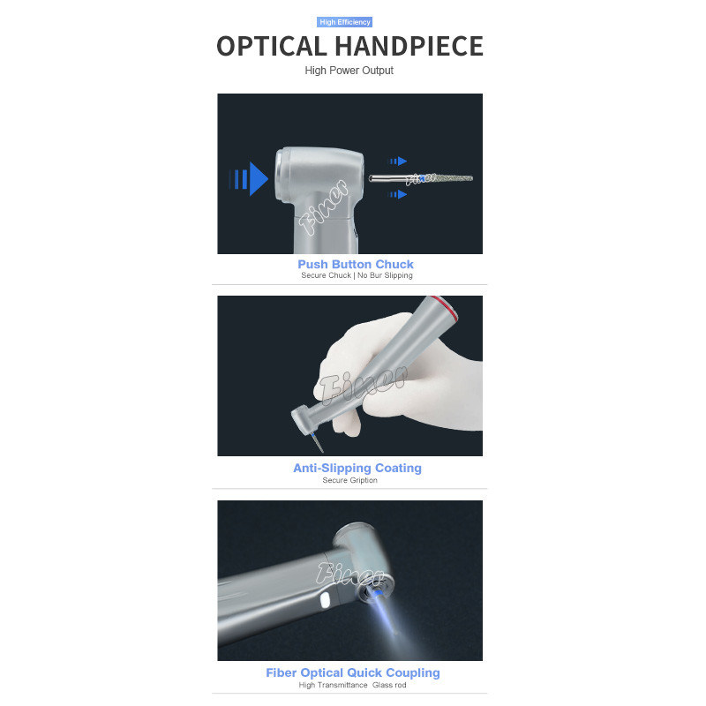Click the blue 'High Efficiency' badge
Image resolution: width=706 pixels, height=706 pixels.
tap(344, 22)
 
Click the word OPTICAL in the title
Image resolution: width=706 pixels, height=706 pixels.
tap(272, 47)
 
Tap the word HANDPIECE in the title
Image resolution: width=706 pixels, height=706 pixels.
tap(409, 47)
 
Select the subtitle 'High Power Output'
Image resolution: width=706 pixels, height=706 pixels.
tap(349, 71)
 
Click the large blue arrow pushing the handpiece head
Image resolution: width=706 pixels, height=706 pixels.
tap(249, 179)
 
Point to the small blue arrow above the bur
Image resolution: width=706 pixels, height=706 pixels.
tap(398, 161)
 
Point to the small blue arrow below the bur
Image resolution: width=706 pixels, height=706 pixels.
tap(398, 194)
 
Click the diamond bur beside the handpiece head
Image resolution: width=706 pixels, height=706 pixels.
tap(421, 178)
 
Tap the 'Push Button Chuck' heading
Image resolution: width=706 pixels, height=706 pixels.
tap(356, 264)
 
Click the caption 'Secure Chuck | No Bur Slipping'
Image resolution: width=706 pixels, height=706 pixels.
tap(357, 275)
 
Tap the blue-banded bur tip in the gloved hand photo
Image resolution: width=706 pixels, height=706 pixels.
tap(316, 442)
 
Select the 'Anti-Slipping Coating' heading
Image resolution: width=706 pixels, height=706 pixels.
tap(357, 469)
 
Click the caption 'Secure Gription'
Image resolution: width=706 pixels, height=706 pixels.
tap(349, 480)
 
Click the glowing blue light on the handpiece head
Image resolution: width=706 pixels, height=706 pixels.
tap(375, 593)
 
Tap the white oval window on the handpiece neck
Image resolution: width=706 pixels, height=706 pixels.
tap(325, 601)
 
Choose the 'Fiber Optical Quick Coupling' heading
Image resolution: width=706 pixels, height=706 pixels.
tap(353, 672)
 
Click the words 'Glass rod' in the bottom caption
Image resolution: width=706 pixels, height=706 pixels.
tap(389, 686)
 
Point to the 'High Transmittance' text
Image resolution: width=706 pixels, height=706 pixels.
tap(334, 686)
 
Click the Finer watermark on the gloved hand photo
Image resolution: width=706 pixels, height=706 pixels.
tap(363, 384)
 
